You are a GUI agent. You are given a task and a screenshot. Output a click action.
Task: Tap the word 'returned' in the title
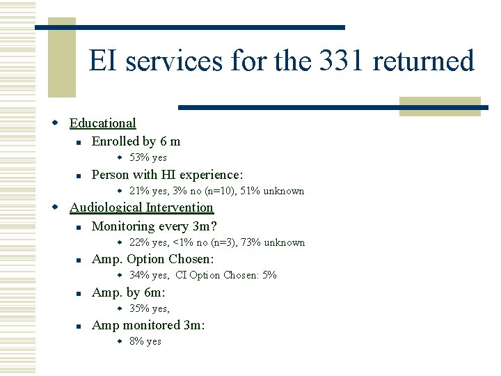point(424,61)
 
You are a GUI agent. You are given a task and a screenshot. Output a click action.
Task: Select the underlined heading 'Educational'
point(103,123)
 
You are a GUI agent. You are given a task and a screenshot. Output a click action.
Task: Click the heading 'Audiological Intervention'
point(141,207)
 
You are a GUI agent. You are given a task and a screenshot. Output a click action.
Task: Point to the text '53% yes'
point(148,158)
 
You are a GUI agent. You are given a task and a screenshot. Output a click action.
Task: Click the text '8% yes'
point(145,341)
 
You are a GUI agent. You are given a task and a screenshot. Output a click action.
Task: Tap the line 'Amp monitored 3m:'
point(148,325)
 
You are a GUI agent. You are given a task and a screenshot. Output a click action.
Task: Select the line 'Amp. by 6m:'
point(129,292)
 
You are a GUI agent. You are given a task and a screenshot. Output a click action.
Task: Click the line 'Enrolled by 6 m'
point(136,141)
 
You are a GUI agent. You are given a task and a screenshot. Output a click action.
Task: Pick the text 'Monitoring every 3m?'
point(154,226)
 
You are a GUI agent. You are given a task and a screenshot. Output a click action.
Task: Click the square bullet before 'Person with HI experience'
point(80,175)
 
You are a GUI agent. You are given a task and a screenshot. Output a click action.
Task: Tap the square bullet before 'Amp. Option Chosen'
point(80,260)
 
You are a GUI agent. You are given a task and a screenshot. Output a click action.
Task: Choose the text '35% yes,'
point(150,308)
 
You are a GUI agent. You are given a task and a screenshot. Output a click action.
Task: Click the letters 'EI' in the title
point(100,61)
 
